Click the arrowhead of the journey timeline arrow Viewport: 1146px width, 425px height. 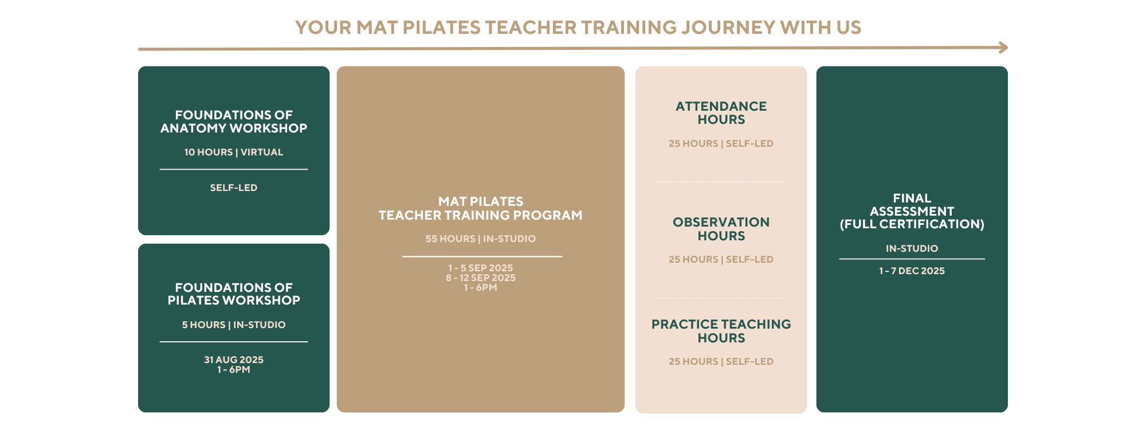pos(1003,48)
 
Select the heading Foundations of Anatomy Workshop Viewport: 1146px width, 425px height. pos(234,122)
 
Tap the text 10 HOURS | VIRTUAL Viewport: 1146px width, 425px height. pos(234,152)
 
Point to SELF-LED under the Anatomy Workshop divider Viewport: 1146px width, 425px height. pos(234,188)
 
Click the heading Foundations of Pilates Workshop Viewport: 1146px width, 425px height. pos(234,294)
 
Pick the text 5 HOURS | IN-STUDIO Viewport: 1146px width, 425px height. pos(234,325)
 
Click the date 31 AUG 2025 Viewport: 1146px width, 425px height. pos(234,360)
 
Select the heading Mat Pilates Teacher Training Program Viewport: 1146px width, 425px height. pos(481,208)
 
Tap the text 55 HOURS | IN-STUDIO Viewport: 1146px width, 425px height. pos(481,239)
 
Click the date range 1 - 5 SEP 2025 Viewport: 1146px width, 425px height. pos(481,268)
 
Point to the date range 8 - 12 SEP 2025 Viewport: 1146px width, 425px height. pos(481,278)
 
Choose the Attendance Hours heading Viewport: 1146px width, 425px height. pos(721,113)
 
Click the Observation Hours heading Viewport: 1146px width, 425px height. pos(721,229)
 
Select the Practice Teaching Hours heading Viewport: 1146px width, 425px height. pos(721,331)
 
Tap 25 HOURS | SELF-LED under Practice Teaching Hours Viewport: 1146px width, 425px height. pos(721,361)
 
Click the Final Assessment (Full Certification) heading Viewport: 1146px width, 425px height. pos(912,211)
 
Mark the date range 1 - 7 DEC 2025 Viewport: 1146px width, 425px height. pos(912,271)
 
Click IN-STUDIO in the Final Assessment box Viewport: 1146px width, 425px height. pos(912,248)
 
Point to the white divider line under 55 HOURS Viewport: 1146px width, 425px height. pos(482,256)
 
